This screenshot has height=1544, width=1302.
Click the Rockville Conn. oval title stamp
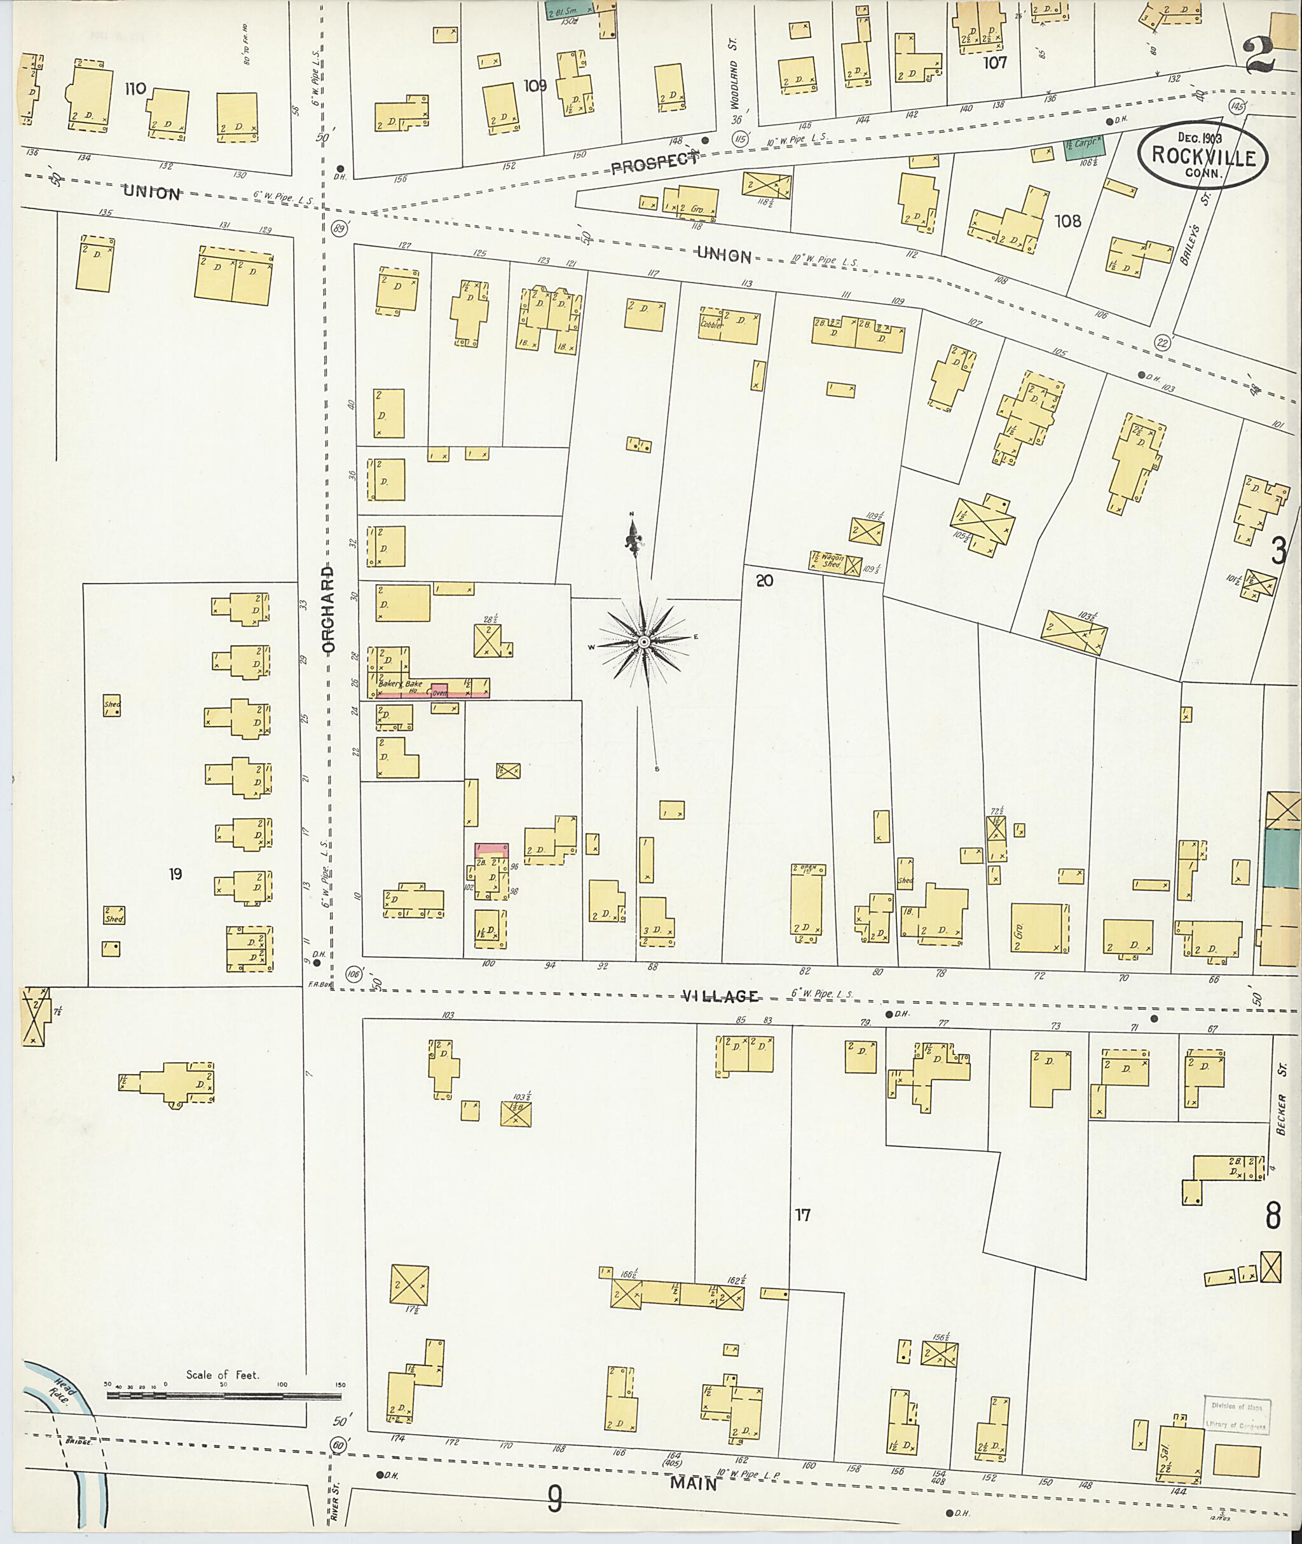coord(1202,156)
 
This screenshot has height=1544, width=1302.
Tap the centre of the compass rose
coord(643,642)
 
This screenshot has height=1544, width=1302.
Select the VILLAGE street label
coord(719,996)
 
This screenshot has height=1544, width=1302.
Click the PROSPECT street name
coord(654,164)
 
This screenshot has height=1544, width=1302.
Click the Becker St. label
coord(1281,1114)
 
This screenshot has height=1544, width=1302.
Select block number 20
coord(764,581)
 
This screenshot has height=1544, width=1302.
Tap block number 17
coord(802,1214)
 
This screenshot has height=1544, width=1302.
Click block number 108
coord(1067,221)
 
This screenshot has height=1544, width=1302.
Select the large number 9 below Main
coord(554,1498)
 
